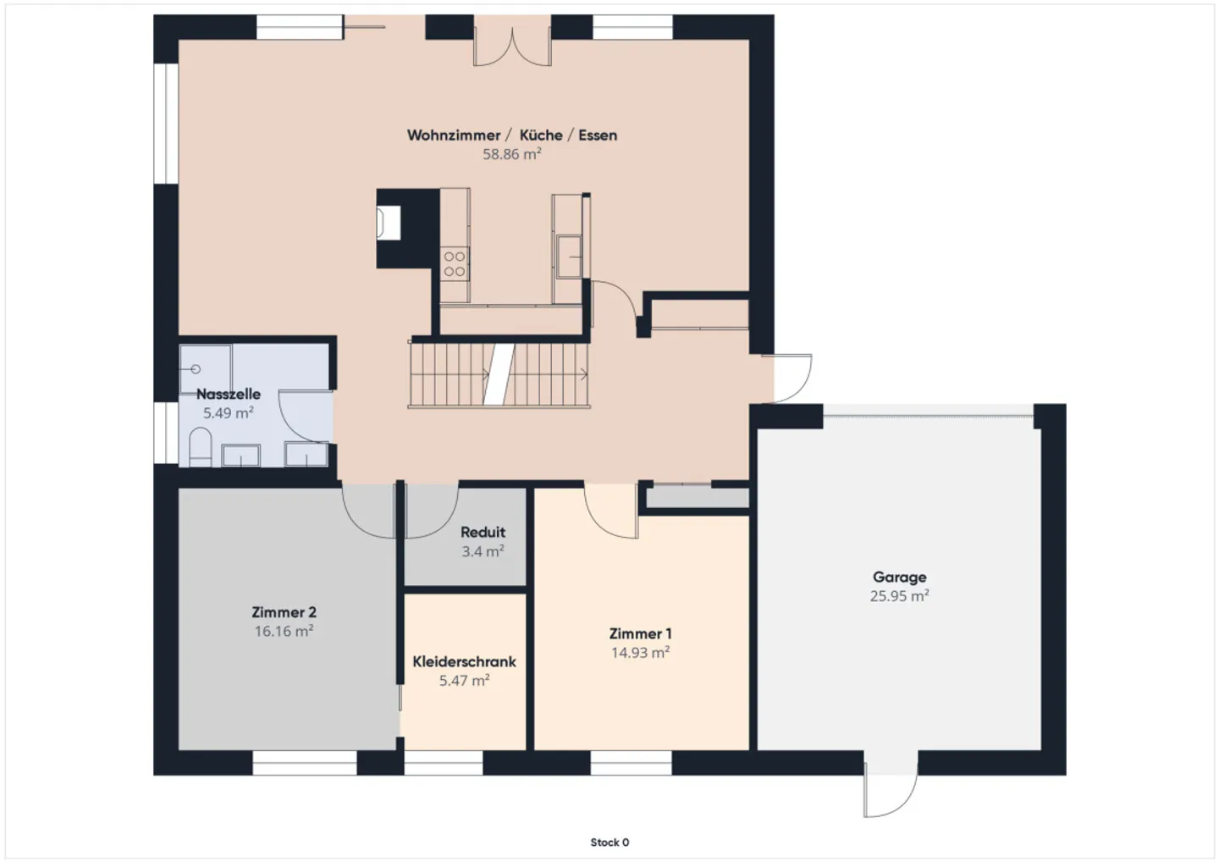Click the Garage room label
[900, 577]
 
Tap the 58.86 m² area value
[512, 155]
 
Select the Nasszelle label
[229, 394]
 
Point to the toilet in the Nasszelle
[200, 447]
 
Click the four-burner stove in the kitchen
[455, 264]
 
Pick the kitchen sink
[569, 257]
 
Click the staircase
[499, 374]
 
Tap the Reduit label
[483, 533]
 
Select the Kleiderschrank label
[464, 661]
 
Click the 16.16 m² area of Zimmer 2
[284, 632]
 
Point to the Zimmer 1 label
[641, 634]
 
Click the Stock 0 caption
[610, 843]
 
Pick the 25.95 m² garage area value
[900, 596]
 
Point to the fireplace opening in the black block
[389, 223]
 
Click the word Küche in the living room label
[541, 135]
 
